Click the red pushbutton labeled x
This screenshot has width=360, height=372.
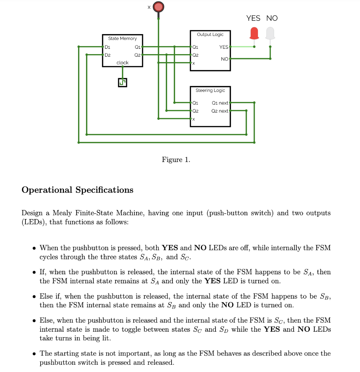(158, 7)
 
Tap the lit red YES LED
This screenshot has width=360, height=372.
(254, 33)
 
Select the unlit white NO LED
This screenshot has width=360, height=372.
(270, 33)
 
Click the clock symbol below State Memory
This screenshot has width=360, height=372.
(122, 82)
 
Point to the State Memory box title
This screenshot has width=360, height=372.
(122, 39)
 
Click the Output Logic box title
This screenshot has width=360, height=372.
(210, 34)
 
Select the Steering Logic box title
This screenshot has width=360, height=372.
(210, 90)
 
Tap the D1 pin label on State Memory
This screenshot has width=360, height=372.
(108, 47)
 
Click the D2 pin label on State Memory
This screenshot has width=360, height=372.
(108, 55)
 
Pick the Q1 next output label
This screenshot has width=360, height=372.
(220, 103)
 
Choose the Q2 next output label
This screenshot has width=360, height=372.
(220, 111)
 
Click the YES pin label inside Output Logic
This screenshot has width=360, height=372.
(224, 47)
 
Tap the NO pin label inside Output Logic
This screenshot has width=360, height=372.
(225, 59)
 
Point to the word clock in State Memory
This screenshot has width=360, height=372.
(122, 63)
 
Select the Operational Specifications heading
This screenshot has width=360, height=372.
(77, 190)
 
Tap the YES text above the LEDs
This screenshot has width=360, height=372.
(253, 18)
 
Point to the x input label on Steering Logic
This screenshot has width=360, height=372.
(194, 119)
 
